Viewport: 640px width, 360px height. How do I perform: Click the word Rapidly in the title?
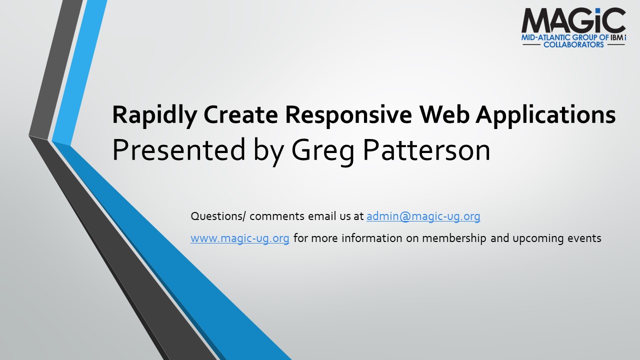click(154, 115)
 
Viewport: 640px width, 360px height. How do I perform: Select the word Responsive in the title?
click(348, 115)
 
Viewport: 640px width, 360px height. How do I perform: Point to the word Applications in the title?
click(545, 115)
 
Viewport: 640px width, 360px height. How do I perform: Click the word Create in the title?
click(241, 114)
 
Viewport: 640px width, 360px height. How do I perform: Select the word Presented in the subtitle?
click(179, 149)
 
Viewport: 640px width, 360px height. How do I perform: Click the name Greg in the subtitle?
click(323, 152)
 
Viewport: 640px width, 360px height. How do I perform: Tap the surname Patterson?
click(426, 149)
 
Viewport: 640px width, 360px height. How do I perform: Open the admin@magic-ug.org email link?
click(423, 216)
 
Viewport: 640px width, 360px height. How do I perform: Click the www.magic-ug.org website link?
click(240, 238)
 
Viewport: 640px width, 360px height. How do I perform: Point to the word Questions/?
click(218, 216)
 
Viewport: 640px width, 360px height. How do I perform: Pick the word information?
click(372, 237)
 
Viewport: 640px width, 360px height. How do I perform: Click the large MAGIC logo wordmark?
click(573, 20)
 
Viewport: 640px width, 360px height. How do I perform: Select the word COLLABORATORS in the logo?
click(573, 44)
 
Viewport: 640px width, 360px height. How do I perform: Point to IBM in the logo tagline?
click(617, 37)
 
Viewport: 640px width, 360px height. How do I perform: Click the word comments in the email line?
click(277, 216)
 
